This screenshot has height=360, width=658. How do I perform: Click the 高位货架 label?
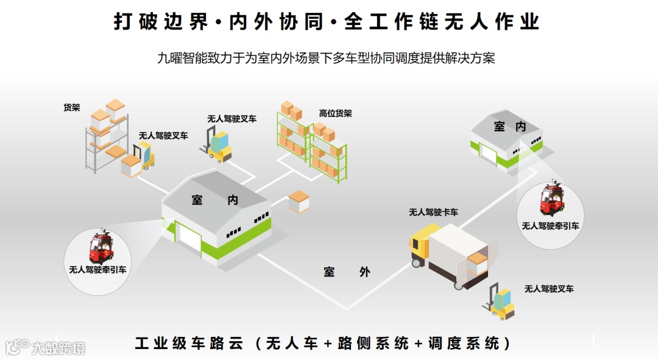click(335, 114)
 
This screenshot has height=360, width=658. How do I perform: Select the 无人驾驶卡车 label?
click(433, 212)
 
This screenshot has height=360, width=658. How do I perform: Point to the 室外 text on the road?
click(347, 272)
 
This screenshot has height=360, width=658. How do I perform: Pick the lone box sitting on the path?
click(299, 201)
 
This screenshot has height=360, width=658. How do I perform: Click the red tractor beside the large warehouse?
click(99, 247)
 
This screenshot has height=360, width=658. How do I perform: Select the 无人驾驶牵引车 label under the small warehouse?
click(550, 226)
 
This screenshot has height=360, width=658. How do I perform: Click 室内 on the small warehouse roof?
click(509, 127)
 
